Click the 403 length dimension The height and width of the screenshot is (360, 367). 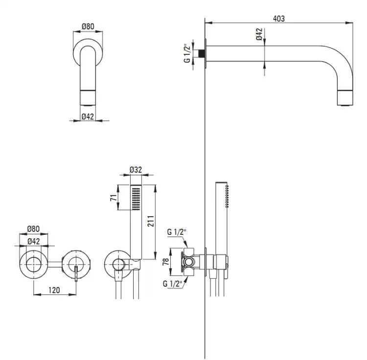[279, 19]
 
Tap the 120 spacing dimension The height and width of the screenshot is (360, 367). [54, 290]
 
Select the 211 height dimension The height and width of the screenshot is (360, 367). [151, 221]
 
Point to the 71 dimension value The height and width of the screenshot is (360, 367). [114, 198]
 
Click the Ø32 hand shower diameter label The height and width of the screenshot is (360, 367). [136, 170]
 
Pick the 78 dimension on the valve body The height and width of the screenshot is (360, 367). [166, 262]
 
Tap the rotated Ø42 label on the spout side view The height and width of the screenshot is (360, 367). [259, 34]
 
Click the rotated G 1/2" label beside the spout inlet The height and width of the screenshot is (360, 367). [187, 53]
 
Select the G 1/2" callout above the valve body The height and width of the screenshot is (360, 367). [177, 232]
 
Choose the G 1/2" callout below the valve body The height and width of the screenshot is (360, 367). [173, 284]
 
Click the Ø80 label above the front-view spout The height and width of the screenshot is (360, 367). [88, 26]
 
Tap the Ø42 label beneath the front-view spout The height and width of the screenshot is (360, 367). [88, 116]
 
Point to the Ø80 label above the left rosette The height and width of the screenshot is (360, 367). [33, 229]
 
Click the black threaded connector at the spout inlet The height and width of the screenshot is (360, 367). [202, 53]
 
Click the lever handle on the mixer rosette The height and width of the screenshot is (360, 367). [76, 273]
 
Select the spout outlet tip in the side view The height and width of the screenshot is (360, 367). [345, 98]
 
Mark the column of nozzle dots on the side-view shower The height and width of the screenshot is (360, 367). [227, 196]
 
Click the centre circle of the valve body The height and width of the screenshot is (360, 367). [188, 262]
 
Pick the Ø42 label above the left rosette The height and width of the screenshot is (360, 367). [34, 241]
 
